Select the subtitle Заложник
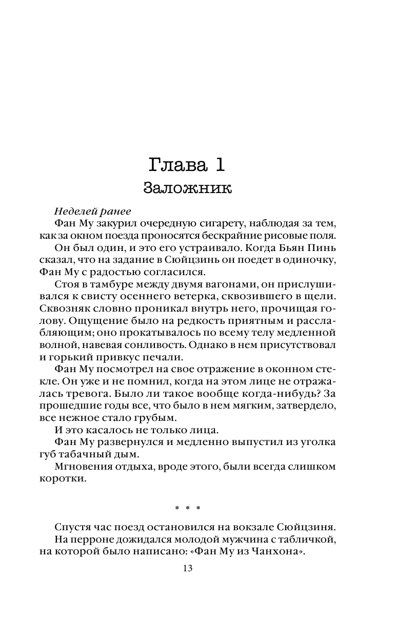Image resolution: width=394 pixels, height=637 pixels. point(188,188)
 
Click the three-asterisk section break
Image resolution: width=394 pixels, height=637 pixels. point(187,508)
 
